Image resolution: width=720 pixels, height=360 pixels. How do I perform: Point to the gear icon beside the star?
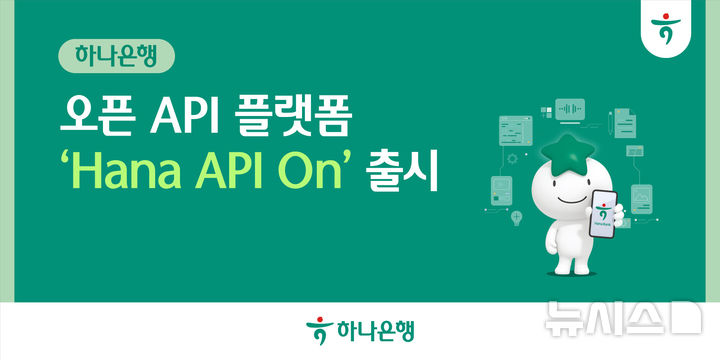click(x=513, y=157)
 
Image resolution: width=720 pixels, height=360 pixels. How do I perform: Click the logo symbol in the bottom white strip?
click(x=317, y=329)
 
